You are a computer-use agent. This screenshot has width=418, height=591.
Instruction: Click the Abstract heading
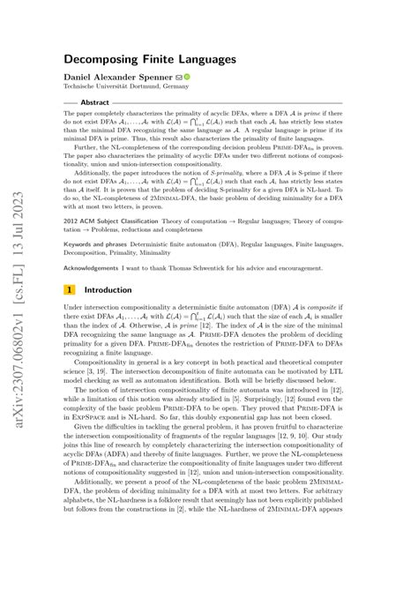click(x=94, y=102)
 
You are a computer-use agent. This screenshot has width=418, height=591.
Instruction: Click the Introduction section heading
click(x=111, y=288)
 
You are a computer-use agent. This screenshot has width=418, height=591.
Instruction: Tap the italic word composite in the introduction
click(x=374, y=305)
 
